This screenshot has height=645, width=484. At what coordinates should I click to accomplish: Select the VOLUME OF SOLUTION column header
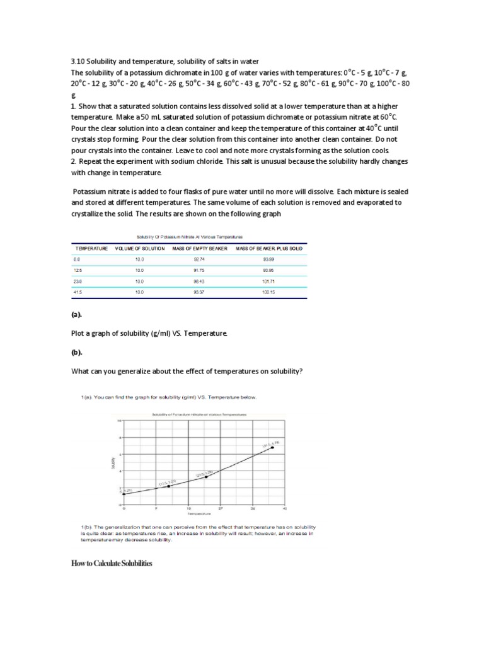(139, 249)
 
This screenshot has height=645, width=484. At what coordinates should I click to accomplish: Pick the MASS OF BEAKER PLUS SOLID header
(269, 249)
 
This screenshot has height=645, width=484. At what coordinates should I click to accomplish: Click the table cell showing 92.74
(199, 260)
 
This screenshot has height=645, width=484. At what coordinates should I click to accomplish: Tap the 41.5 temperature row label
(78, 292)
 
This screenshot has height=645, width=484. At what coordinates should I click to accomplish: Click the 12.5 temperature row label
(78, 270)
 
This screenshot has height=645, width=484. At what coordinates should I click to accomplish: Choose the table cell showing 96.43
(199, 282)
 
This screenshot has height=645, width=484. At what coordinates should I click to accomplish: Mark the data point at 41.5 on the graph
(272, 448)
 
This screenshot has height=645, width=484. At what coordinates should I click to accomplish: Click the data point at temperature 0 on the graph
(124, 494)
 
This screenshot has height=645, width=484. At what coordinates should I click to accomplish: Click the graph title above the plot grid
(199, 414)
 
